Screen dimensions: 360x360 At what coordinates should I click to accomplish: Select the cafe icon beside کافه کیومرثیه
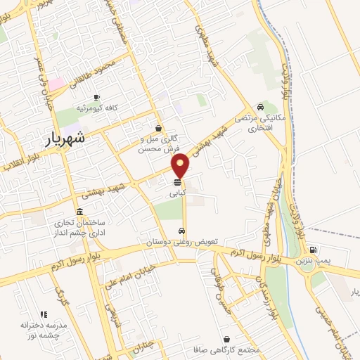(x=96, y=96)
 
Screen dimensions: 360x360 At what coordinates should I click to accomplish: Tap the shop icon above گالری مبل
(x=158, y=129)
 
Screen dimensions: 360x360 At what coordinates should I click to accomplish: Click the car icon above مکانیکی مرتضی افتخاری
(x=261, y=108)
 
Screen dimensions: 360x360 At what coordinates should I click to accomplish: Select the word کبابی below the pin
(x=176, y=191)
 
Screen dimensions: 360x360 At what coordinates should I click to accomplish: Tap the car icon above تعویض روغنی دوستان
(x=182, y=231)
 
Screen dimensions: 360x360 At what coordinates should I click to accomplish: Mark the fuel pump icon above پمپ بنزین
(x=313, y=249)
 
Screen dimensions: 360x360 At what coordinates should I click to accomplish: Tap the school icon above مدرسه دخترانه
(x=43, y=314)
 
